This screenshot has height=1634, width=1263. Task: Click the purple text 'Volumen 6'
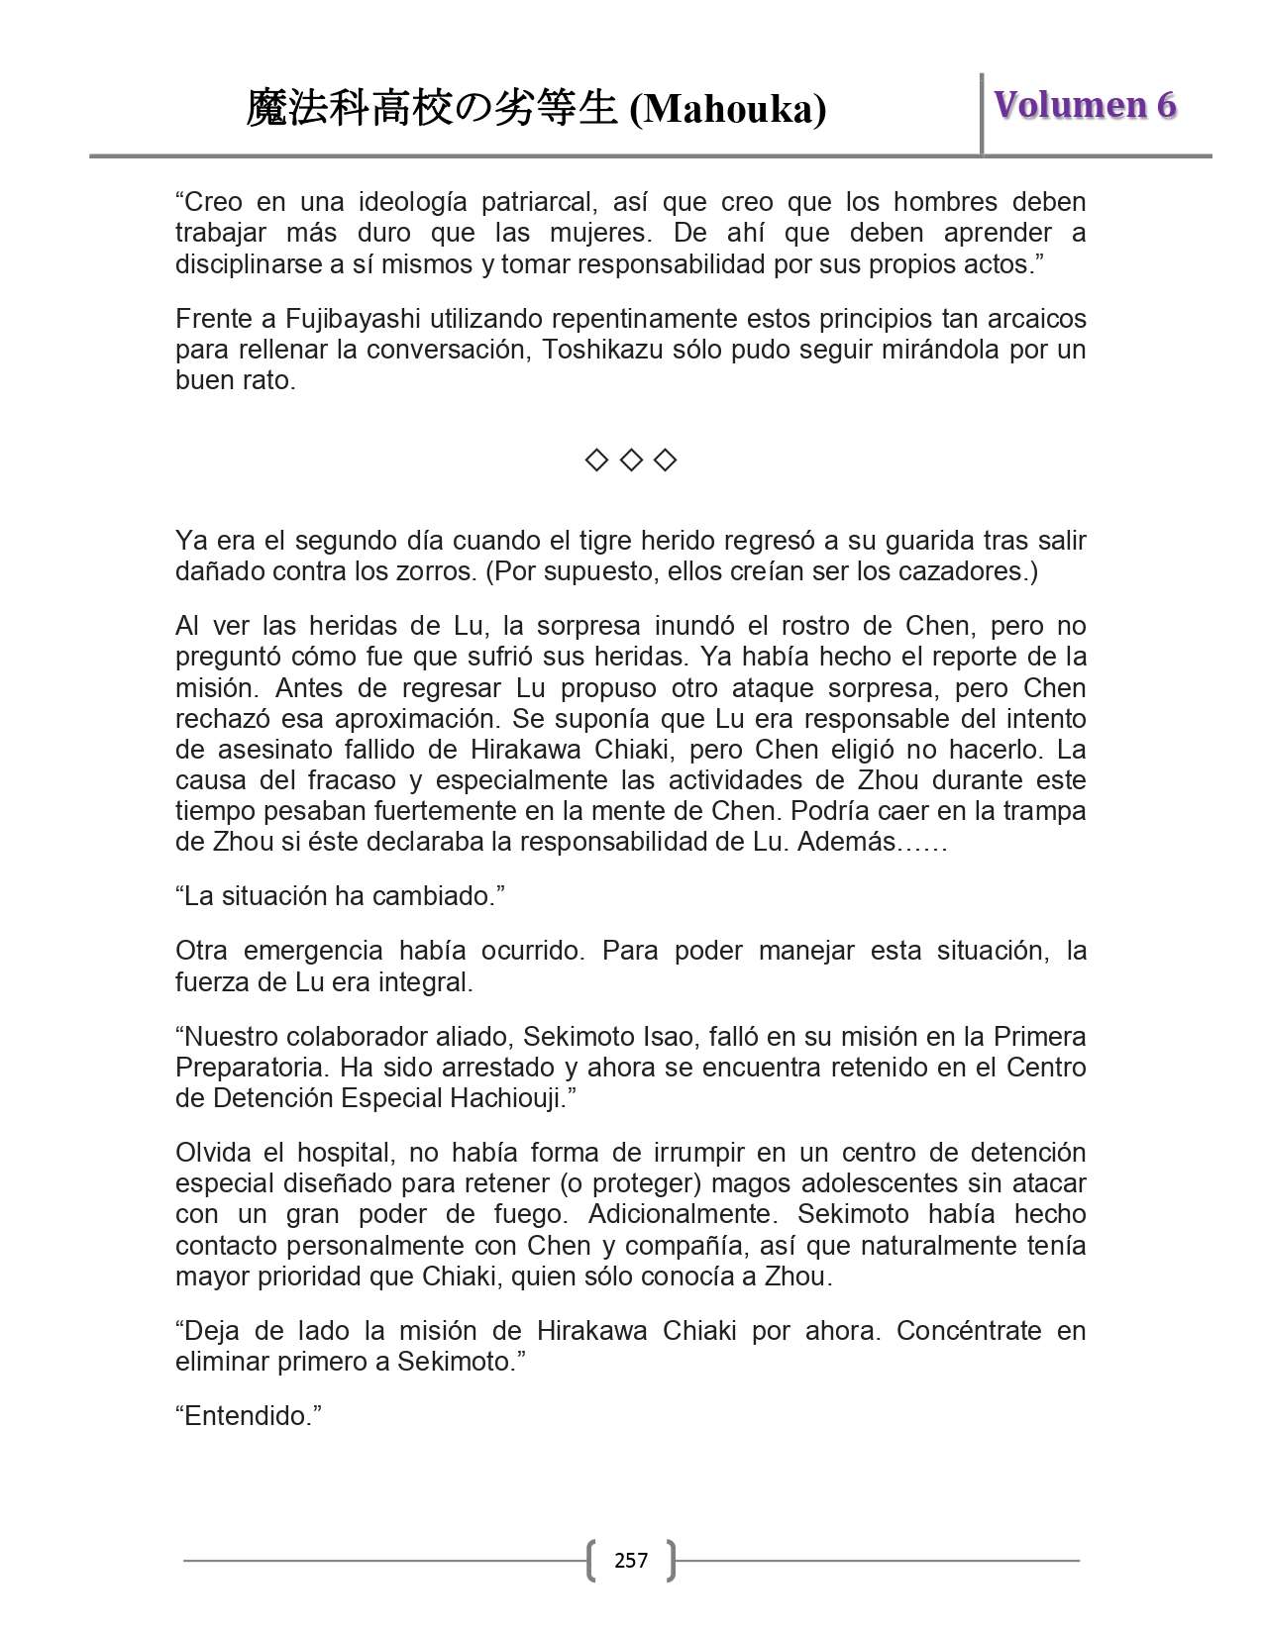click(1085, 105)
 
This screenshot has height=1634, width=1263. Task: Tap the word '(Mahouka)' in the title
click(728, 109)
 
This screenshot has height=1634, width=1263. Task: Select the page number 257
click(631, 1561)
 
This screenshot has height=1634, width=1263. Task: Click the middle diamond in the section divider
click(631, 460)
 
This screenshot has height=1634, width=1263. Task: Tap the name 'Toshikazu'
click(604, 350)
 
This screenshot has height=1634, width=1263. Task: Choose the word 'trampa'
click(1046, 811)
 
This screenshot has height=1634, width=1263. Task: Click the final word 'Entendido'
click(249, 1416)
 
